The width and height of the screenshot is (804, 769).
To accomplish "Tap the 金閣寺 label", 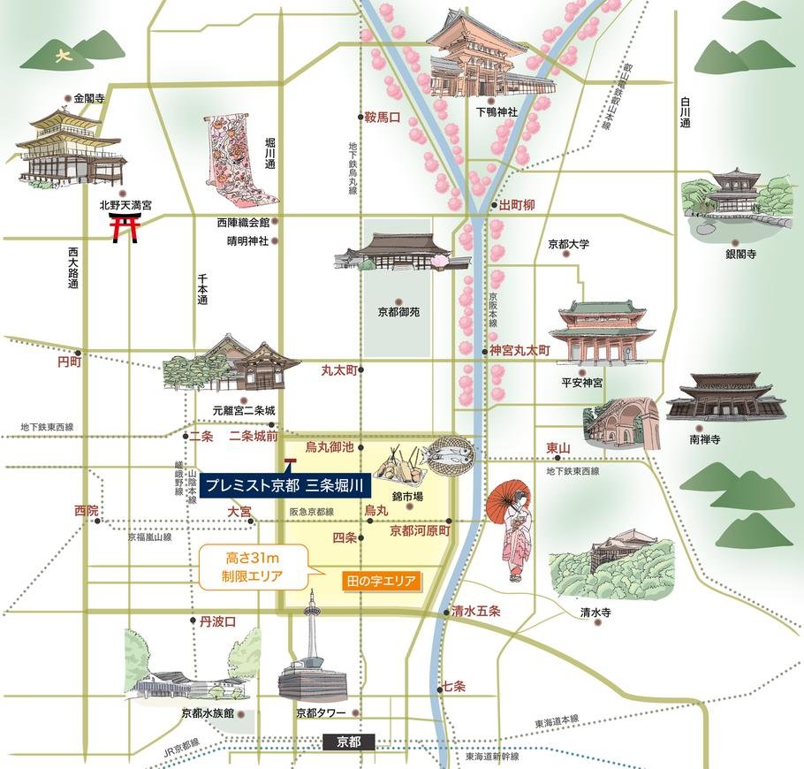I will click(x=89, y=99).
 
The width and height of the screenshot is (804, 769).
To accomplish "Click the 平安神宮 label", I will click(x=582, y=383).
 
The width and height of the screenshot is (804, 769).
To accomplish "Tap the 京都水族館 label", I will click(x=209, y=712).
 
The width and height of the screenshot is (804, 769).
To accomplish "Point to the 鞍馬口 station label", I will click(x=383, y=117).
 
